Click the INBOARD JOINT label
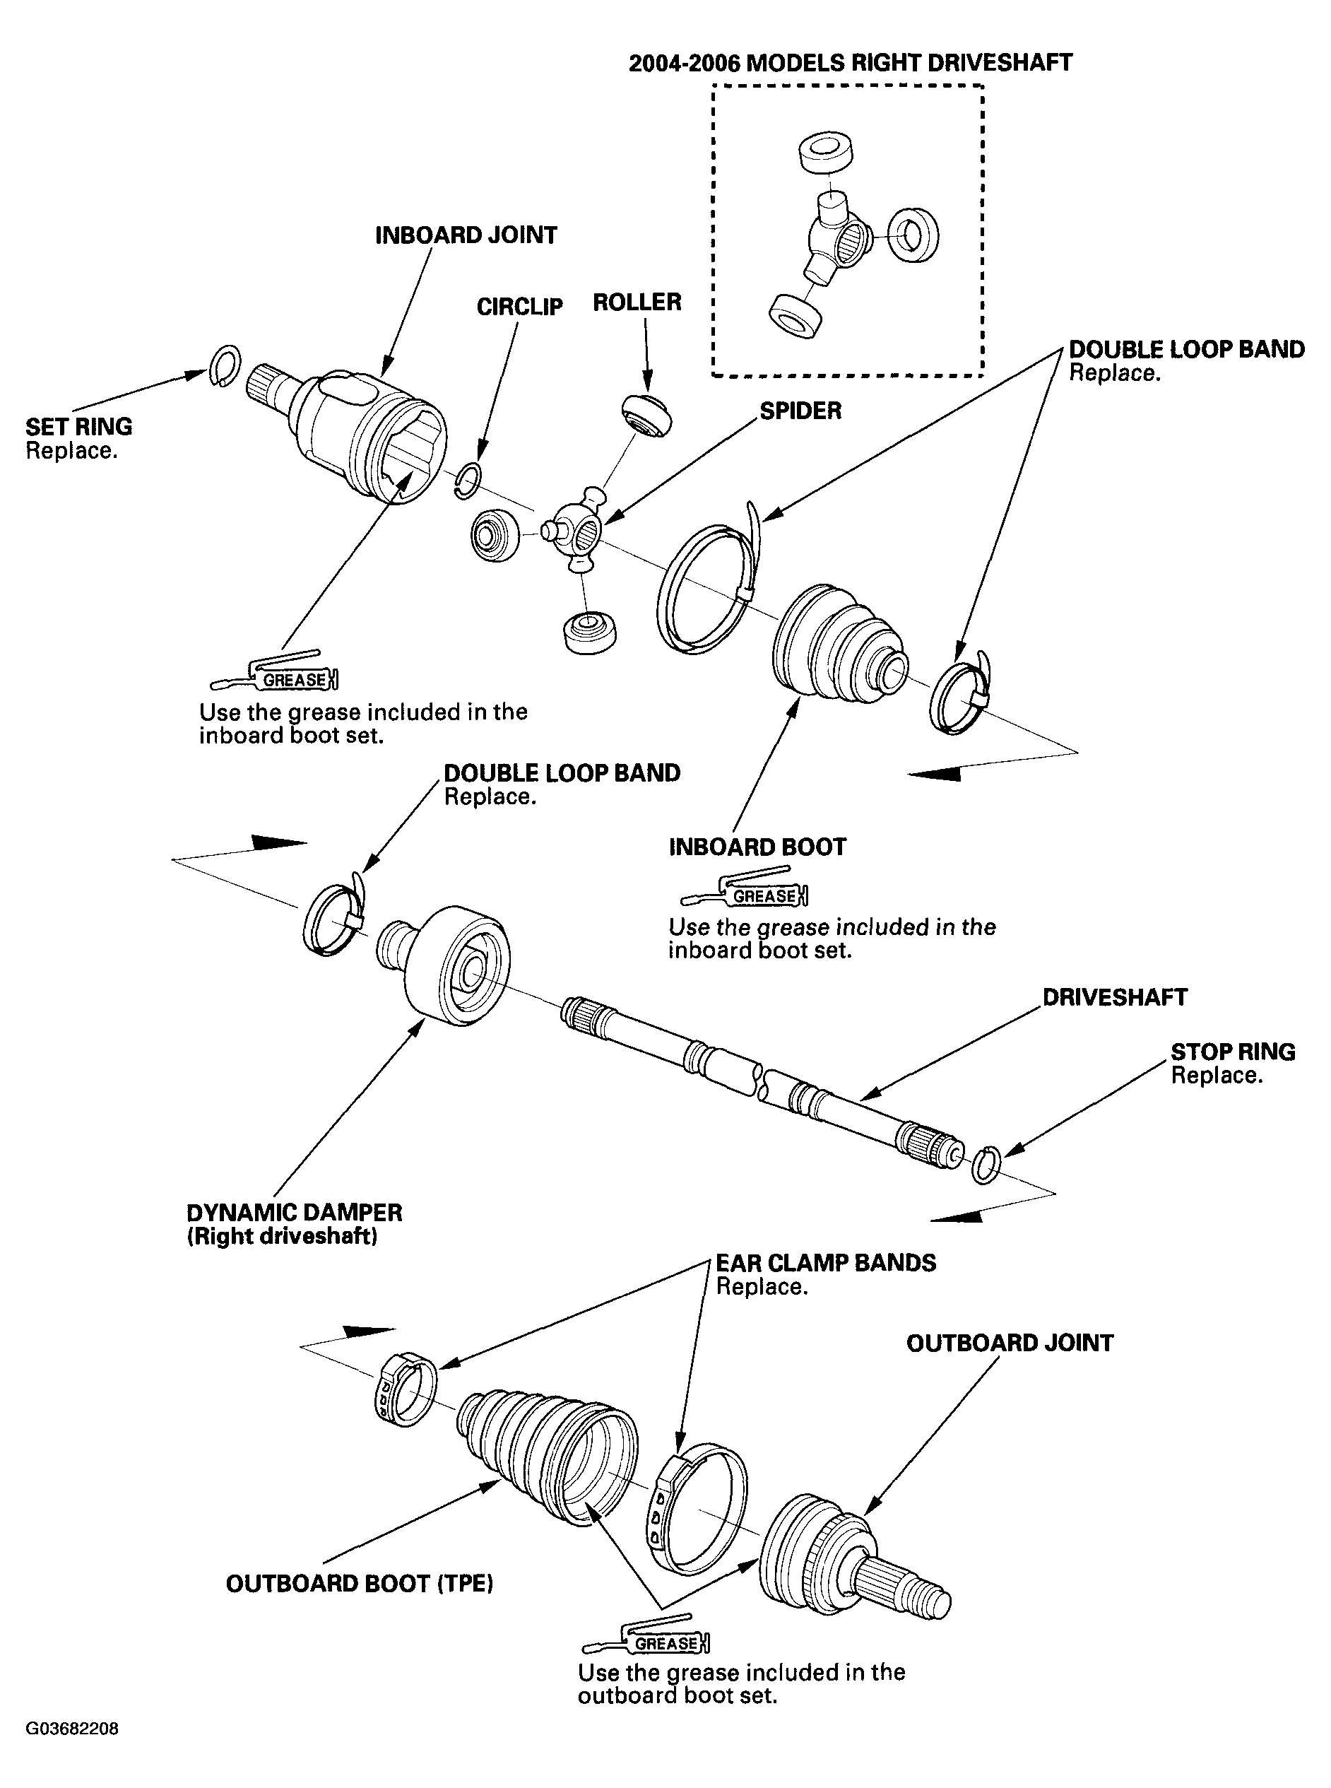click(466, 235)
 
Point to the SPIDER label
click(800, 411)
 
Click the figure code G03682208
click(73, 1729)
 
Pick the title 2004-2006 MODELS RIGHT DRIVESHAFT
click(850, 63)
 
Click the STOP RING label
click(1233, 1052)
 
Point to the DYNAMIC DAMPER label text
click(294, 1213)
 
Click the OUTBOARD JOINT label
click(1010, 1343)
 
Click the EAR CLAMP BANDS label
click(826, 1263)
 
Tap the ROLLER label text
click(637, 302)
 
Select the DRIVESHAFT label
click(1114, 998)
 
